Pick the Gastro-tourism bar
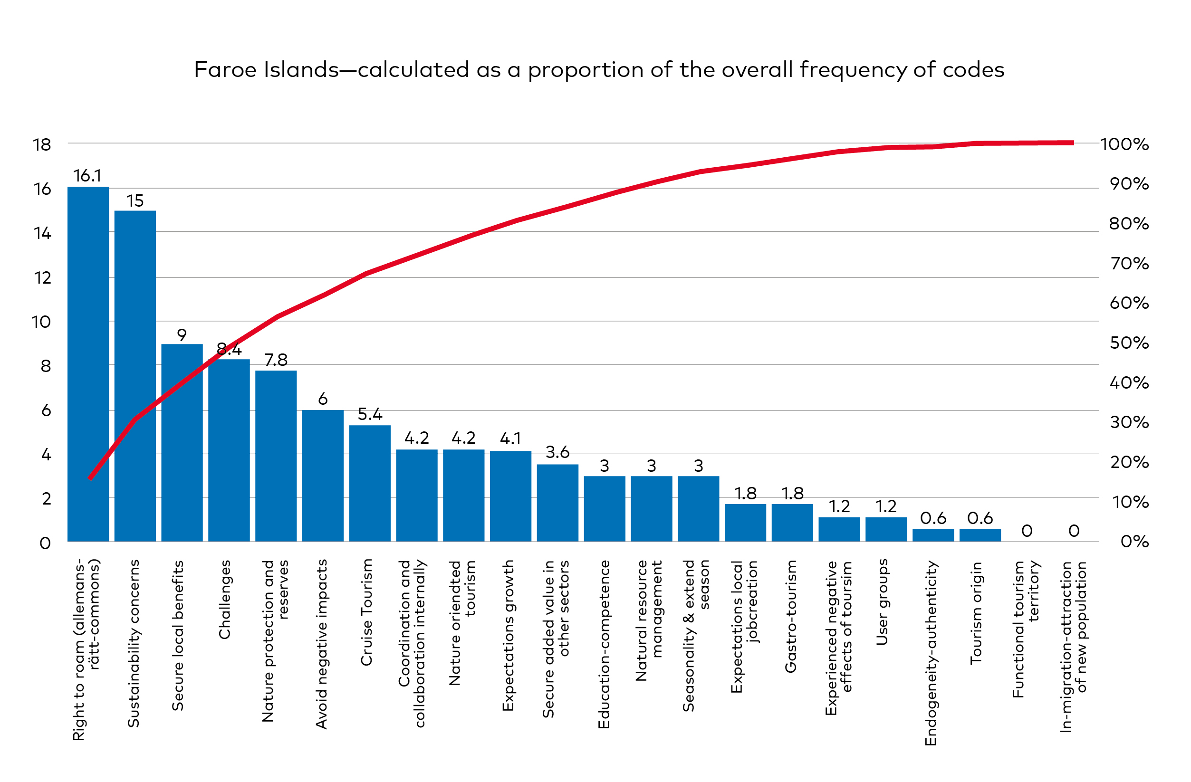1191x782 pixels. click(792, 523)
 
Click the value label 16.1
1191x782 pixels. click(87, 176)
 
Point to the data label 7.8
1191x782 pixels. click(276, 360)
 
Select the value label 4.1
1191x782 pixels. click(510, 439)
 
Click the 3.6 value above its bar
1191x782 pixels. click(557, 452)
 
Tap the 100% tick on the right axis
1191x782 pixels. click(1124, 144)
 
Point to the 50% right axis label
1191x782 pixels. click(1129, 343)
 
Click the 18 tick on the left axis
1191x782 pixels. click(42, 145)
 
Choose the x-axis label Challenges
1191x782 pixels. click(225, 600)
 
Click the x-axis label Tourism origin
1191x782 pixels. click(976, 613)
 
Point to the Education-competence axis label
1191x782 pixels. click(604, 644)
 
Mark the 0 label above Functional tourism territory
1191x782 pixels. click(1027, 531)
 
